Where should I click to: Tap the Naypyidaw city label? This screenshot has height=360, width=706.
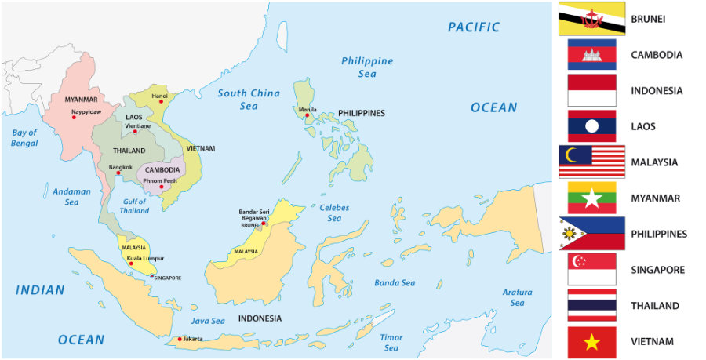point(87,111)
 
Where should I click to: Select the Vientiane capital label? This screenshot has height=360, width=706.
point(137,125)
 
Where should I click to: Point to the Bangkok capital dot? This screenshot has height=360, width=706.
point(118,173)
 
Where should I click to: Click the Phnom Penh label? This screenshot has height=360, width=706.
point(160,180)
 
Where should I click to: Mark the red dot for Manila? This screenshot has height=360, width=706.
point(308,116)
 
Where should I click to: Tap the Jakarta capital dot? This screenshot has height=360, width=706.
point(180,339)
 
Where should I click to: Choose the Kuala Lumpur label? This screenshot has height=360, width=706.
point(144,257)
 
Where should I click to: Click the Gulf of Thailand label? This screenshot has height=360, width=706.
point(134,205)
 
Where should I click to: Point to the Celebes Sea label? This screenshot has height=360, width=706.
point(334,213)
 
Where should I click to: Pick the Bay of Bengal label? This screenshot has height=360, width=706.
point(24,138)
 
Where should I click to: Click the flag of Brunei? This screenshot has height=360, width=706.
point(591,19)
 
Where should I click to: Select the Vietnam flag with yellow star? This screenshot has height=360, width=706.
point(591,342)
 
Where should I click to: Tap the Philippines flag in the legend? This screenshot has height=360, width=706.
point(591,234)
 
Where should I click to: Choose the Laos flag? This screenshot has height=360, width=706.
point(591,126)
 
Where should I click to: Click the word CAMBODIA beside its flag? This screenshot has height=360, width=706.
point(656,55)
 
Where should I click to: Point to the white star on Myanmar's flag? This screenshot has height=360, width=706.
point(591,198)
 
